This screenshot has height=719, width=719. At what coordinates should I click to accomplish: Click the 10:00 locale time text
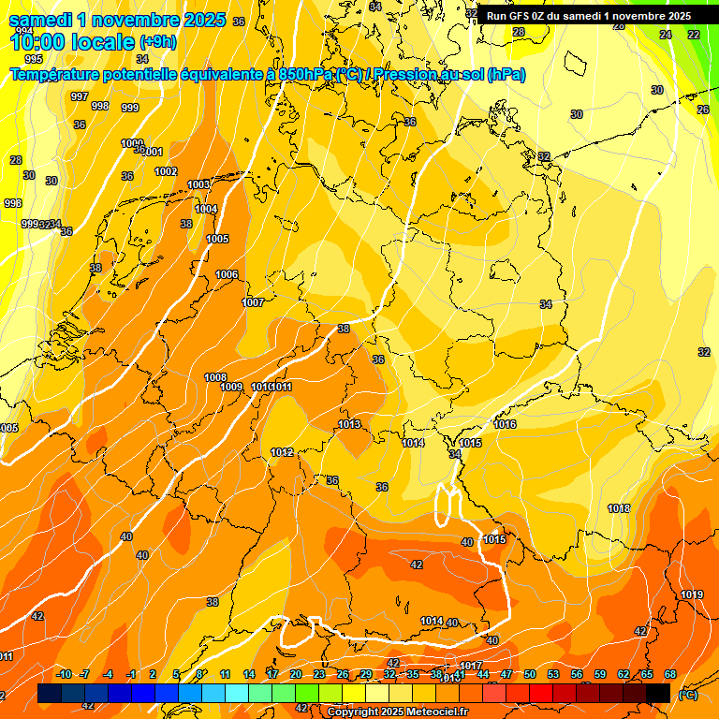coord(72,42)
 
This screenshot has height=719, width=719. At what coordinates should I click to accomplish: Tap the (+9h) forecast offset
coord(157,42)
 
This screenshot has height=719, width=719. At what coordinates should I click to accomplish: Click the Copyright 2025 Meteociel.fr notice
coord(398,712)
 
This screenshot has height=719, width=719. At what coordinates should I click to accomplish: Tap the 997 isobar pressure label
coord(80,96)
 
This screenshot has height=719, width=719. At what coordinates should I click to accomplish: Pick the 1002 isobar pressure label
coord(166,171)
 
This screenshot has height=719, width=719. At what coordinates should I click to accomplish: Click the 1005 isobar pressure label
coord(217,239)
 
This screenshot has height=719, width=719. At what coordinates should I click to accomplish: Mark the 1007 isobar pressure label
coord(253,302)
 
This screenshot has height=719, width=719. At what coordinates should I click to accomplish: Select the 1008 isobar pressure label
coord(215,377)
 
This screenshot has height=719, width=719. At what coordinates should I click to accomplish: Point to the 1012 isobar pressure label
coord(282,452)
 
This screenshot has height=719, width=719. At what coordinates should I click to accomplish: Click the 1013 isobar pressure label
coord(349,424)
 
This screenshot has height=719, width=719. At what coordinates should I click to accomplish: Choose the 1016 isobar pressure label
coord(505,424)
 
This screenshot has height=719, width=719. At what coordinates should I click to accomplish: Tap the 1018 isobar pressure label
coord(619,508)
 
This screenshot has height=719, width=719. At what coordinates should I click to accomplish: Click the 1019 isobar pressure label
coord(692,594)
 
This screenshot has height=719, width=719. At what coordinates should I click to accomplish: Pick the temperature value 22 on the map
coord(694,35)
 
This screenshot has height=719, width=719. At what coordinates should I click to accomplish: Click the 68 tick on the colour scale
coord(669,674)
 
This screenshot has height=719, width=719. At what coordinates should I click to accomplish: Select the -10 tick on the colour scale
coord(65,674)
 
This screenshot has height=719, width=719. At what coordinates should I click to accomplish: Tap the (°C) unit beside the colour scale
coord(687,695)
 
